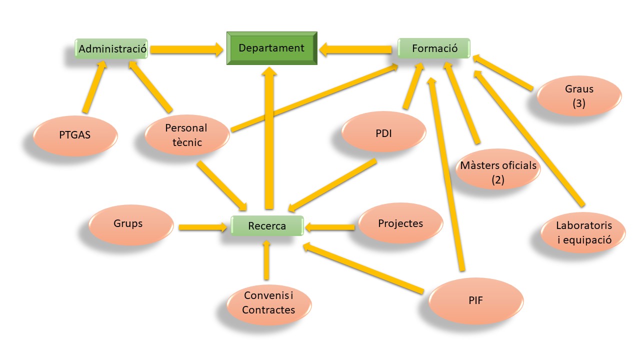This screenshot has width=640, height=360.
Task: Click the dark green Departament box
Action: pos(271,48)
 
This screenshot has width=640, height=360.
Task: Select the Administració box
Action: pos(112,49)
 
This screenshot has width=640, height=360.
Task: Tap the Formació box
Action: pos(434,48)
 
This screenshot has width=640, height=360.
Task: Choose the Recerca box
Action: pos(267,226)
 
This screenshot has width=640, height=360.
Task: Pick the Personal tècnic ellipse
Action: pos(187,135)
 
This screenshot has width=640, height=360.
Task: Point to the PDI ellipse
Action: pos(384,133)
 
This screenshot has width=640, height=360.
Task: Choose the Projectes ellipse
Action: pos(400,223)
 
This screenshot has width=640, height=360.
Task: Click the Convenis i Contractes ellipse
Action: pos(268,303)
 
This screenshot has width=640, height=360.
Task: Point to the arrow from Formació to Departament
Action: pos(356,49)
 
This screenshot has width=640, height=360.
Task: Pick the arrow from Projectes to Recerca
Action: pos(330,227)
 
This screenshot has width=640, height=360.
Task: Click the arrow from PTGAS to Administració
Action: pos(94,87)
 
